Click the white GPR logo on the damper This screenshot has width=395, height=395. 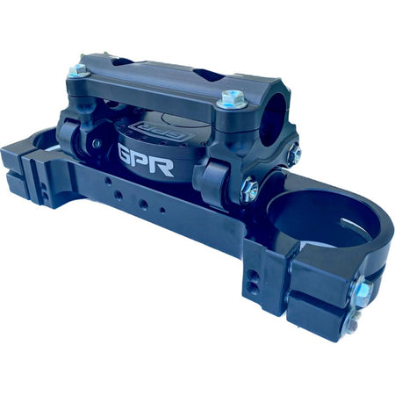tap(146, 159)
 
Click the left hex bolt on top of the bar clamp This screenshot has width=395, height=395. tap(77, 69)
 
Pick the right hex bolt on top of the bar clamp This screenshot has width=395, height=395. tap(232, 99)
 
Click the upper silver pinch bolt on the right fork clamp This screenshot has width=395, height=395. tap(361, 292)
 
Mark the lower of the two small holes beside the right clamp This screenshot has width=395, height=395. tap(254, 287)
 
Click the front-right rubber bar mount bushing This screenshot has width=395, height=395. tap(211, 182)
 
